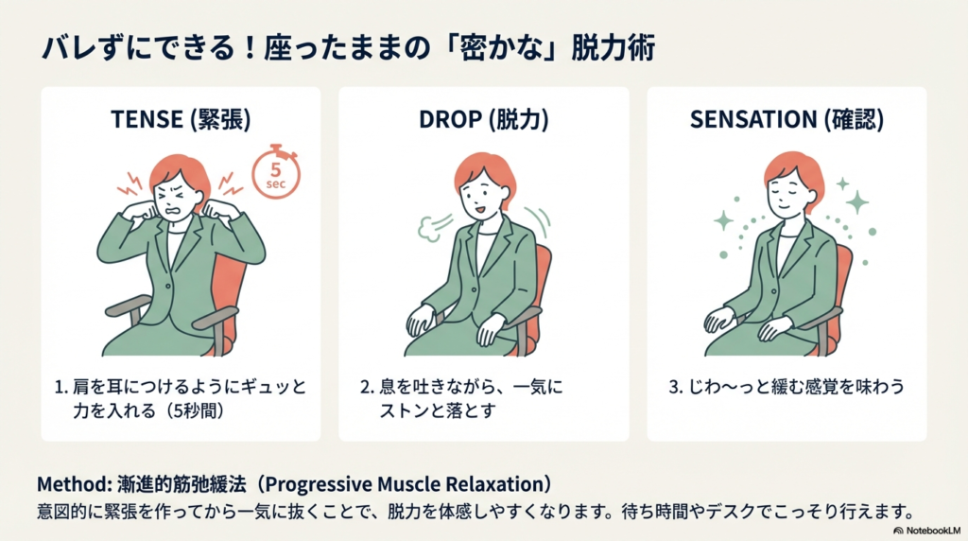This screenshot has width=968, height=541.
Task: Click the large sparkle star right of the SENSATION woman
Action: coord(857,201)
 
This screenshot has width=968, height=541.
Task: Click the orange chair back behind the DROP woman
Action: coord(543,274)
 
